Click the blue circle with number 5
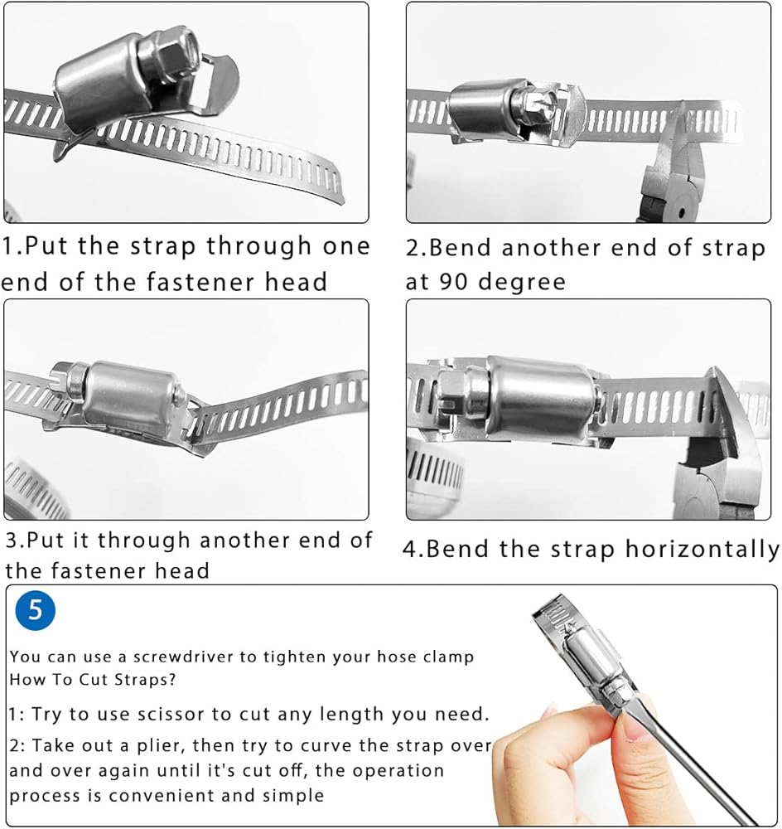point(35,611)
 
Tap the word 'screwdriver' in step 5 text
point(183,657)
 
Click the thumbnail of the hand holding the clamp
point(631,709)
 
